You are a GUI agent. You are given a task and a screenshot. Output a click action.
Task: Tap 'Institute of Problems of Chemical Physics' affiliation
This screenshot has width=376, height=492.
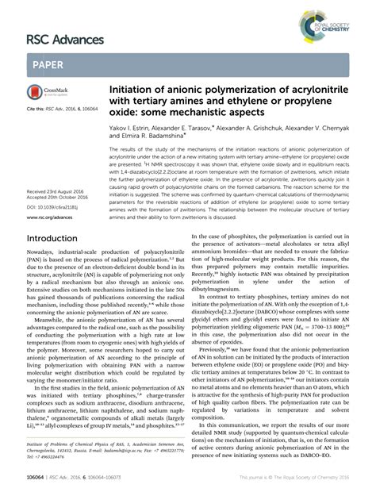click(75, 446)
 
